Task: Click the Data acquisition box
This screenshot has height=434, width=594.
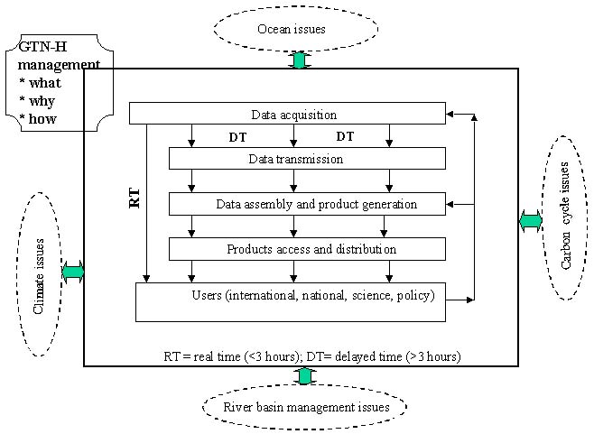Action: pyautogui.click(x=288, y=115)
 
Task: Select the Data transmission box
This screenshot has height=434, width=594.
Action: pyautogui.click(x=308, y=159)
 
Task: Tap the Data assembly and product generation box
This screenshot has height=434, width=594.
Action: pyautogui.click(x=308, y=204)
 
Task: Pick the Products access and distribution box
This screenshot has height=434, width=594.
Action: pyautogui.click(x=308, y=249)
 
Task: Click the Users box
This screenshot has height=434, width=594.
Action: pyautogui.click(x=291, y=301)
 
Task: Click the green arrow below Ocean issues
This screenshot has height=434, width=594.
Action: pyautogui.click(x=299, y=60)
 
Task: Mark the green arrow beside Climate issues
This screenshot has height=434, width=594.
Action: pyautogui.click(x=73, y=272)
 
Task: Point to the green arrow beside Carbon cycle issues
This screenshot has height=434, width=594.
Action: pyautogui.click(x=530, y=220)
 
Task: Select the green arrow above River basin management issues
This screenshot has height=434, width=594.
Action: pyautogui.click(x=305, y=376)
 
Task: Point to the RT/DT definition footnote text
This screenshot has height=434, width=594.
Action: pyautogui.click(x=311, y=356)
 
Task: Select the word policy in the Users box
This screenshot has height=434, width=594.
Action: pyautogui.click(x=414, y=295)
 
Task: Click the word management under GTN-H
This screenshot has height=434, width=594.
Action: pyautogui.click(x=60, y=66)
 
